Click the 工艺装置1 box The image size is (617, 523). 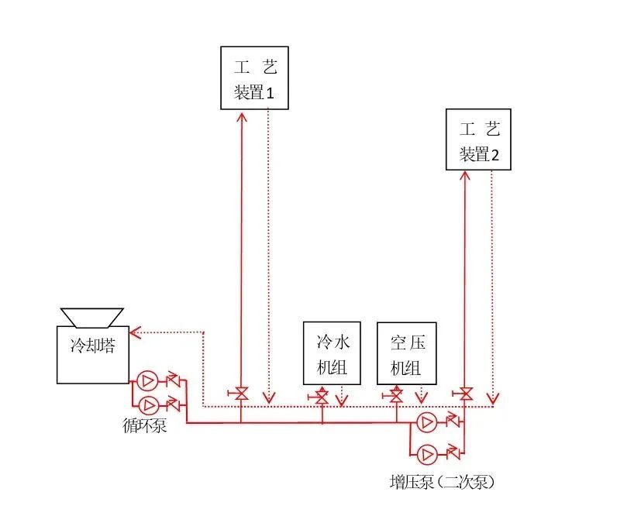click(x=253, y=78)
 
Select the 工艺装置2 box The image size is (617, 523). click(x=479, y=139)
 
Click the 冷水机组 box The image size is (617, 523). click(x=331, y=353)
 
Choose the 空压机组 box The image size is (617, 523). click(x=407, y=353)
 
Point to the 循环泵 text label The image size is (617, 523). click(x=144, y=425)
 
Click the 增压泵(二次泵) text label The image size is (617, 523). click(x=441, y=482)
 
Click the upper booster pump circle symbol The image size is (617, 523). click(x=426, y=422)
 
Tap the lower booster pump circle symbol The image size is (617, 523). click(x=426, y=454)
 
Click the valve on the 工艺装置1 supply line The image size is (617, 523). click(x=241, y=394)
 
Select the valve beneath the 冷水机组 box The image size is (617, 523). click(x=322, y=397)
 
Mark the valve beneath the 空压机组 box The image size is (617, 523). click(x=395, y=397)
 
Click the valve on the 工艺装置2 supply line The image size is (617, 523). click(x=465, y=394)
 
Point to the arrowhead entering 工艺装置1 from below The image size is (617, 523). click(x=241, y=117)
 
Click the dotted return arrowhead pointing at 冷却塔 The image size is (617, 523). click(x=135, y=332)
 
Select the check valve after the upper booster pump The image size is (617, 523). click(x=452, y=422)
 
